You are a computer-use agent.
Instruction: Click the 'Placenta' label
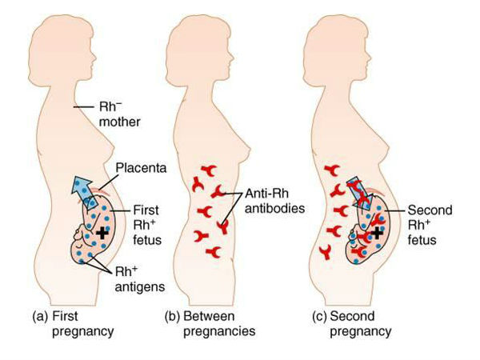pyautogui.click(x=141, y=168)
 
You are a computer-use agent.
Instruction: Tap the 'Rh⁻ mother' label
pyautogui.click(x=119, y=114)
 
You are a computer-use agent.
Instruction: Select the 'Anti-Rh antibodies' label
pyautogui.click(x=274, y=201)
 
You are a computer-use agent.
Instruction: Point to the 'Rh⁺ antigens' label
pyautogui.click(x=139, y=279)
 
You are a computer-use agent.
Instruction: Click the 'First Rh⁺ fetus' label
pyautogui.click(x=147, y=225)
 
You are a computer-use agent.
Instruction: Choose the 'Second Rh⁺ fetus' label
pyautogui.click(x=430, y=225)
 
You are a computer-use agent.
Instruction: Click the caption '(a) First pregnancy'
pyautogui.click(x=73, y=324)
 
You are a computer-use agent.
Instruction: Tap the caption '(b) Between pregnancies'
pyautogui.click(x=210, y=324)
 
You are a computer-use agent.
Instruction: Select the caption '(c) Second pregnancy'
pyautogui.click(x=352, y=324)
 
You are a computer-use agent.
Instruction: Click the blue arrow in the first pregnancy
pyautogui.click(x=84, y=191)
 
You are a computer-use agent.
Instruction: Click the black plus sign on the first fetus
pyautogui.click(x=102, y=234)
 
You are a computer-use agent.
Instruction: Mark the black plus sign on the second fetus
pyautogui.click(x=377, y=234)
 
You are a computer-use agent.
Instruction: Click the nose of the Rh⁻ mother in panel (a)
pyautogui.click(x=95, y=58)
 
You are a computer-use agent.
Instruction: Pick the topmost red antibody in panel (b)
pyautogui.click(x=209, y=170)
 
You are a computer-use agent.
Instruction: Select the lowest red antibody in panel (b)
pyautogui.click(x=214, y=252)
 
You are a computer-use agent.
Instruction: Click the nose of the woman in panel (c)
pyautogui.click(x=370, y=58)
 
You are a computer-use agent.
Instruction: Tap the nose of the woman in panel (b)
pyautogui.click(x=233, y=58)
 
